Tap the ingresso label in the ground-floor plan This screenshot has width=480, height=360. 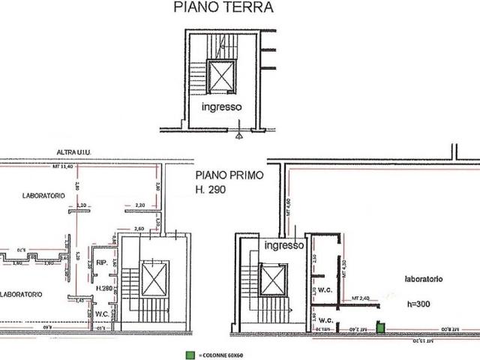[x=221, y=107]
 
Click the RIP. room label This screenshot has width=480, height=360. [x=99, y=262]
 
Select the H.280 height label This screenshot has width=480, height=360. [x=105, y=287]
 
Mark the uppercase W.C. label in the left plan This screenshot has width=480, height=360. [x=103, y=313]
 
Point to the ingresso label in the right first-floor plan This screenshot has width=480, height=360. [x=283, y=245]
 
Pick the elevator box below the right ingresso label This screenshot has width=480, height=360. [x=273, y=280]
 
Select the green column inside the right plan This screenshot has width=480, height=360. [x=380, y=327]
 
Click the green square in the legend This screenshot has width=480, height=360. [x=191, y=353]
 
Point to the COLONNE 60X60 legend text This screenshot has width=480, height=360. [x=223, y=353]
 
